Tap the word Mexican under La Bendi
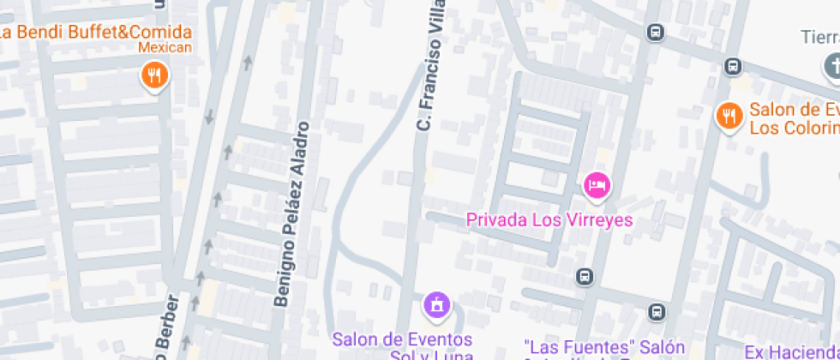pos(165,48)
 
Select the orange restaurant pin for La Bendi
pos(154,76)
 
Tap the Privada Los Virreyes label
pos(549,220)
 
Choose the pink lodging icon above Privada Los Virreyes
pos(597,184)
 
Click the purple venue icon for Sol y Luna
pos(436,304)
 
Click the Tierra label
pos(819,38)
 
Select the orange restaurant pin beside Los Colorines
pos(729,116)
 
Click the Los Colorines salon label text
pos(794,119)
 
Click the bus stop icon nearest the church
pos(733,66)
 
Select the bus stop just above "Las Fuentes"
pos(657,312)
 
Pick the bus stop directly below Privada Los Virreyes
pos(585,277)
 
